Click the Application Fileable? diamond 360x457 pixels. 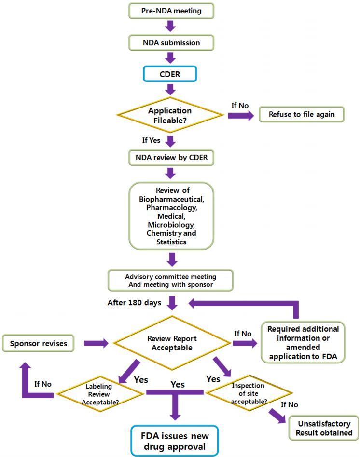(170, 114)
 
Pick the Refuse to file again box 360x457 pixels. (302, 115)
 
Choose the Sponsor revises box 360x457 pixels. (38, 343)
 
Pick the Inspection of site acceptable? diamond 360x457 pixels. (248, 393)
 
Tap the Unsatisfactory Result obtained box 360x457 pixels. (325, 428)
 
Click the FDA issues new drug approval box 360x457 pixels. (175, 440)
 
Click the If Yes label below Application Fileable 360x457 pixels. (152, 141)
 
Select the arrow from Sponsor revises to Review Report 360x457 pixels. (97, 343)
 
